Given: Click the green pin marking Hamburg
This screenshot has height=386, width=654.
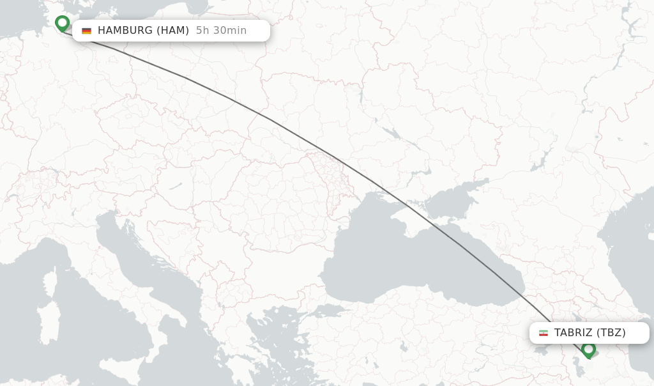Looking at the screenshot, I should [x=62, y=23].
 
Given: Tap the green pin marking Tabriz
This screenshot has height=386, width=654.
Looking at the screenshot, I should [x=588, y=349].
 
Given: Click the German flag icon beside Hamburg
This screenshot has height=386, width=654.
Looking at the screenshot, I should [x=87, y=31].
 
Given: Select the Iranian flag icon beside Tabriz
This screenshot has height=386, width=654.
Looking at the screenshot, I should [x=544, y=333].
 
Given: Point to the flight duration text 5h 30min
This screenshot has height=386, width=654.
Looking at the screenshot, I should [x=221, y=31].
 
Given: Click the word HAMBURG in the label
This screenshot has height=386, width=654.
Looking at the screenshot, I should [x=125, y=31].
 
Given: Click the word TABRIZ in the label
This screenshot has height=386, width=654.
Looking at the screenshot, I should [x=574, y=333].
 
